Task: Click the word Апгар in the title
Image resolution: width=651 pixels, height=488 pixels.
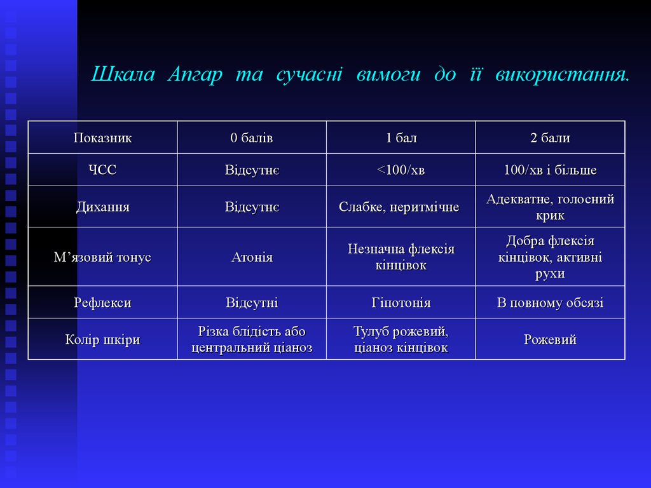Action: (195, 75)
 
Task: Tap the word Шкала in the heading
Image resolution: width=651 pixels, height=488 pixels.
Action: (123, 74)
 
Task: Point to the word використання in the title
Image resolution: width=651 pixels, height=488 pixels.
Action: (563, 75)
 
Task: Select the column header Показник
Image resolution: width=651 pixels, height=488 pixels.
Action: (102, 138)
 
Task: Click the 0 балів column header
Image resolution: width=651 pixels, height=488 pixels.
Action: (252, 138)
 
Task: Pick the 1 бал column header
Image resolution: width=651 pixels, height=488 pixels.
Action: (401, 138)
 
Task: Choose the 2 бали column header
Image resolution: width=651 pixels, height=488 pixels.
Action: (550, 138)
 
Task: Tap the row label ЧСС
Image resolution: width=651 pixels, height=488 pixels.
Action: (102, 170)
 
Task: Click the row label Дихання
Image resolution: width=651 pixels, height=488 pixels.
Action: (102, 207)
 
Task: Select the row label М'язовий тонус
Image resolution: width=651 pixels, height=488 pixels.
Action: (102, 257)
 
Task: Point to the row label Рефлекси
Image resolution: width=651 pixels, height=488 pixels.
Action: (102, 302)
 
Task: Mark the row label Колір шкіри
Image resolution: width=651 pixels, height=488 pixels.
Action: (102, 339)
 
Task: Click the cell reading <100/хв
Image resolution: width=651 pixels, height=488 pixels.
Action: (401, 170)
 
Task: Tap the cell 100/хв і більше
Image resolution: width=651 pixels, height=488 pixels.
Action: (550, 170)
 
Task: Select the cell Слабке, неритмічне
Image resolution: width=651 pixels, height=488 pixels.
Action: (399, 207)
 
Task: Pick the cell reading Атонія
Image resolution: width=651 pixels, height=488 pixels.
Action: (252, 257)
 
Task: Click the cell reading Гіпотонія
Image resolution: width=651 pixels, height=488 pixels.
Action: (401, 302)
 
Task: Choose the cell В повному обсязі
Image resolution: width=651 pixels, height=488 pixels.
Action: (550, 302)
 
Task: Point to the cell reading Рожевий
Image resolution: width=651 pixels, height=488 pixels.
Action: (550, 339)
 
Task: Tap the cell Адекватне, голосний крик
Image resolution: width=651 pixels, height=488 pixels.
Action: (550, 207)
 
